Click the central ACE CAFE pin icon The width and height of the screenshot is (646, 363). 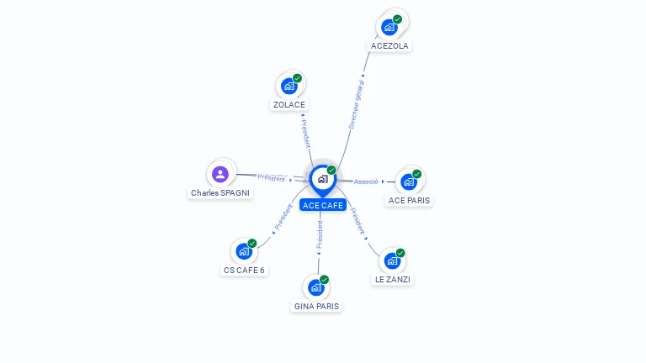click(322, 179)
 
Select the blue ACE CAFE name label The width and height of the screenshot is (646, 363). click(323, 205)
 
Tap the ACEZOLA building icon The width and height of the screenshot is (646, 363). click(389, 27)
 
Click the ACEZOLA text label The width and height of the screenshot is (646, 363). click(389, 46)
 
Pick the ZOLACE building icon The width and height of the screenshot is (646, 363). click(289, 86)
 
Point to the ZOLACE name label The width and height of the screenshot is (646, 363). click(289, 105)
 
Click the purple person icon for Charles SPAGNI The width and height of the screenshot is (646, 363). click(220, 174)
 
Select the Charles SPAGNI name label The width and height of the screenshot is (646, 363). click(220, 193)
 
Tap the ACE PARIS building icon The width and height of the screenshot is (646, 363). click(409, 181)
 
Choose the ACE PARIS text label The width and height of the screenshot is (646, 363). click(410, 201)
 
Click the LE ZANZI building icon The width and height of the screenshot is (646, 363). click(392, 260)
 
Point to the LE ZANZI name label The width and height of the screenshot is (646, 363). click(393, 279)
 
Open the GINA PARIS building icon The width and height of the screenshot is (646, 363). click(316, 287)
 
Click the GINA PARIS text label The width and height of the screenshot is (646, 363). click(316, 307)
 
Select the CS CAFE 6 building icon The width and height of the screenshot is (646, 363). click(244, 251)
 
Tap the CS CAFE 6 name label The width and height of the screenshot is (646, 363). click(244, 271)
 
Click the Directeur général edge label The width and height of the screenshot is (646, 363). click(357, 104)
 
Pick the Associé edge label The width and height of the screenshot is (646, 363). click(366, 181)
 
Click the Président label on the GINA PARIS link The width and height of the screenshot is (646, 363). click(320, 234)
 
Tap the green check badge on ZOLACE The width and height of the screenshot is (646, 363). click(297, 78)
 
